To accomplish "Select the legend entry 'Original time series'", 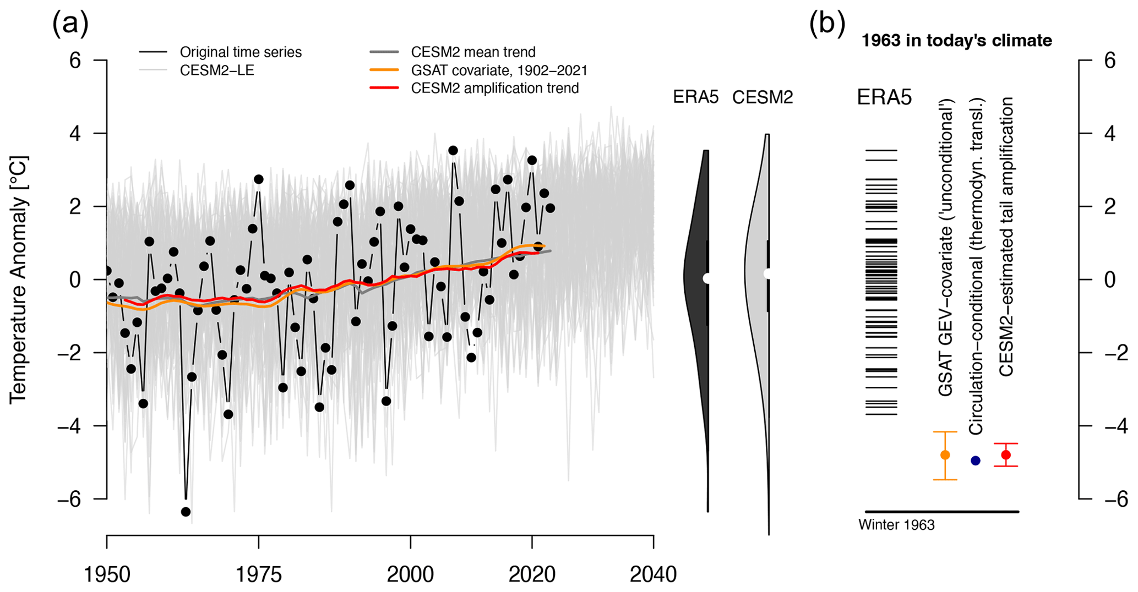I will coord(241,52).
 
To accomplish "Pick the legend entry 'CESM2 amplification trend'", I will coord(494,88).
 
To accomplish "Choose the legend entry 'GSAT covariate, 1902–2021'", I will coord(499,70).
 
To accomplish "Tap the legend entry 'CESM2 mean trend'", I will coord(473,52).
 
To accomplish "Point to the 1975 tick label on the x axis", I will coord(259,575).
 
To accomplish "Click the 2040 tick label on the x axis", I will coord(653,575).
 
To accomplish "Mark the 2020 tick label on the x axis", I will coord(532,575).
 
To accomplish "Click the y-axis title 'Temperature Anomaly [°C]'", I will coord(18,279).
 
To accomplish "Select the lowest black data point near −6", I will coord(186,512).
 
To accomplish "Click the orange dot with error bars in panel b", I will coord(945,455).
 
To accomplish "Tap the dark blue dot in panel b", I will coord(976,461).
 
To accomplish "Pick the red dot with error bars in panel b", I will coord(1006,455).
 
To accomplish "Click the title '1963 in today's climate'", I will coord(956,41).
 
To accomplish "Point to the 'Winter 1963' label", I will coord(896,525).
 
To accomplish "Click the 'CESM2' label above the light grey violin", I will coord(763,97).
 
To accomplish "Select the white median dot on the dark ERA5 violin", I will coord(707,278).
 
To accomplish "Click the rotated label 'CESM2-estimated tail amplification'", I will coord(1006,237).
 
